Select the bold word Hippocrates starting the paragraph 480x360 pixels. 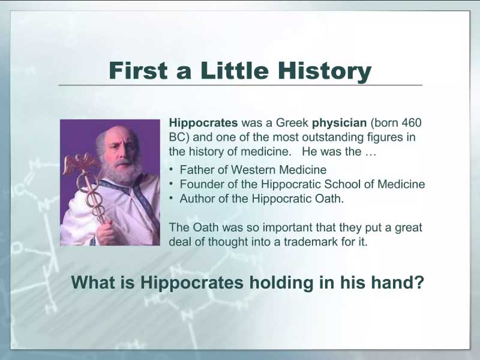point(203,123)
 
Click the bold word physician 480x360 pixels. point(339,123)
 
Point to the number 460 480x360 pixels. point(411,122)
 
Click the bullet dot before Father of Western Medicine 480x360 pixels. point(172,169)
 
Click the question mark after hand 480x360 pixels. point(419,282)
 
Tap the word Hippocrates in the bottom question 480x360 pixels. point(191,283)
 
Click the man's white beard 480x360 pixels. point(122,173)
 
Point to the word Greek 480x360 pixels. point(292,123)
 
